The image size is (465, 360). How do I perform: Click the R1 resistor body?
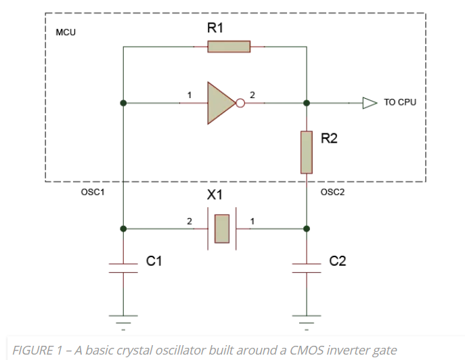click(x=229, y=47)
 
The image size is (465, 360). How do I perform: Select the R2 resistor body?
click(x=307, y=152)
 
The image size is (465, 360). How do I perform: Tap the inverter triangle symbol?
click(x=220, y=104)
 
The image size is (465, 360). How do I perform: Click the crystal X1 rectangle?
click(x=222, y=229)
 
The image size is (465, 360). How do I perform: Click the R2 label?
click(x=329, y=139)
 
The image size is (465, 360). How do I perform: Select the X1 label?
click(x=215, y=195)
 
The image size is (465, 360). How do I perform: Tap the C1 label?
click(x=155, y=261)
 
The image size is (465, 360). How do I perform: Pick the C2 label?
click(x=337, y=261)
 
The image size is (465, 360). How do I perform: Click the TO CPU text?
click(x=400, y=104)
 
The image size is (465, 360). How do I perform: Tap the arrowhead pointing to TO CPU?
click(x=369, y=104)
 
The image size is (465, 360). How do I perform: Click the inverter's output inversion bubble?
click(x=240, y=104)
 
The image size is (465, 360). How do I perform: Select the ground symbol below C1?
click(x=123, y=317)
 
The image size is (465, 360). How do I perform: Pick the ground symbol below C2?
click(x=307, y=317)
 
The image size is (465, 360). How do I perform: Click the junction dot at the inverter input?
click(x=123, y=104)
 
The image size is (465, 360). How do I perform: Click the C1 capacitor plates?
click(x=123, y=267)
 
